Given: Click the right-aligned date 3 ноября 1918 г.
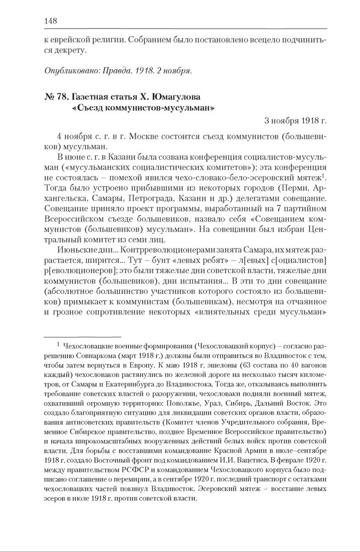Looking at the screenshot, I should coord(295,120).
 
